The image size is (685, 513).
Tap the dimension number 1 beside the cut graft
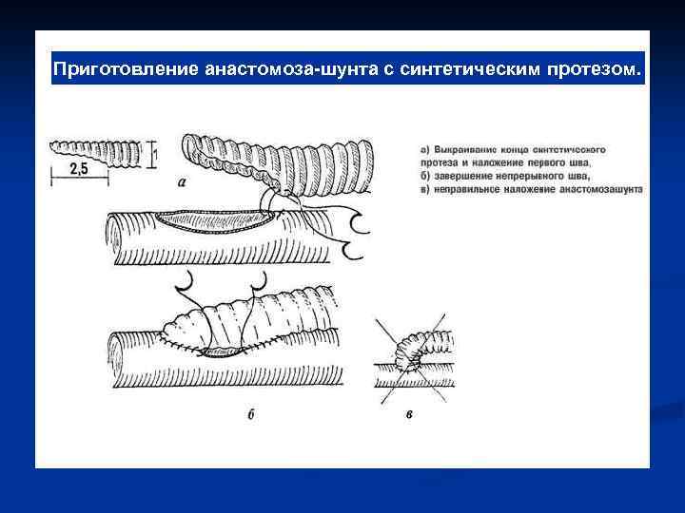tap(156, 149)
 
